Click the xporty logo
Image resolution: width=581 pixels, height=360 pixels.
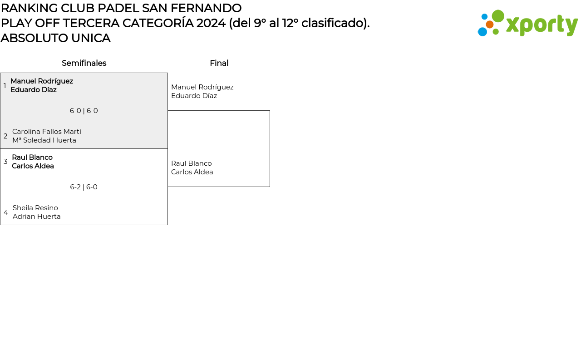(x=527, y=23)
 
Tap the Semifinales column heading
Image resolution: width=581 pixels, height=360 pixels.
(x=84, y=63)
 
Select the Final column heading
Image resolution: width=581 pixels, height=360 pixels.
(x=219, y=63)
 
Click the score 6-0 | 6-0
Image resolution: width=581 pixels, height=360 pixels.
(x=84, y=111)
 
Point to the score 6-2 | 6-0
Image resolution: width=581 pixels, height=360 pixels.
(x=84, y=187)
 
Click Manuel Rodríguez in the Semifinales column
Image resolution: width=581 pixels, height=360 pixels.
(x=42, y=81)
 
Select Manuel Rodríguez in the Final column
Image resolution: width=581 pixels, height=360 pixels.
(x=202, y=87)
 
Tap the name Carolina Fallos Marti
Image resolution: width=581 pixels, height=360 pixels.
(x=47, y=132)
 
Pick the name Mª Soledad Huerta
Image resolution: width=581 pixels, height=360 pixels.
(x=44, y=140)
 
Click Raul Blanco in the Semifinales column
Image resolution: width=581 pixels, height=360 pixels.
(x=32, y=158)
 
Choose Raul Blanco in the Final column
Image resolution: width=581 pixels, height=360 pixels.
(x=191, y=163)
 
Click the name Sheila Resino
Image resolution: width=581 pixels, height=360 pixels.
(x=35, y=208)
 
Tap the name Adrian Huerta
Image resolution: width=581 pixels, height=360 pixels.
(x=37, y=217)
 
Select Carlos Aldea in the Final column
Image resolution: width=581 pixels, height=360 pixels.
(x=192, y=172)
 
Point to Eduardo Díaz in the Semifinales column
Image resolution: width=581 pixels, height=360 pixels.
(x=34, y=90)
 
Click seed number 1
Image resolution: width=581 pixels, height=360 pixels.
(x=5, y=86)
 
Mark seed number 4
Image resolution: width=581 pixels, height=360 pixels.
(x=6, y=212)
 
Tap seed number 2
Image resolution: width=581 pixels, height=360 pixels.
(x=5, y=136)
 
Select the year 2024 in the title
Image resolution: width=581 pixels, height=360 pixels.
(x=211, y=23)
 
